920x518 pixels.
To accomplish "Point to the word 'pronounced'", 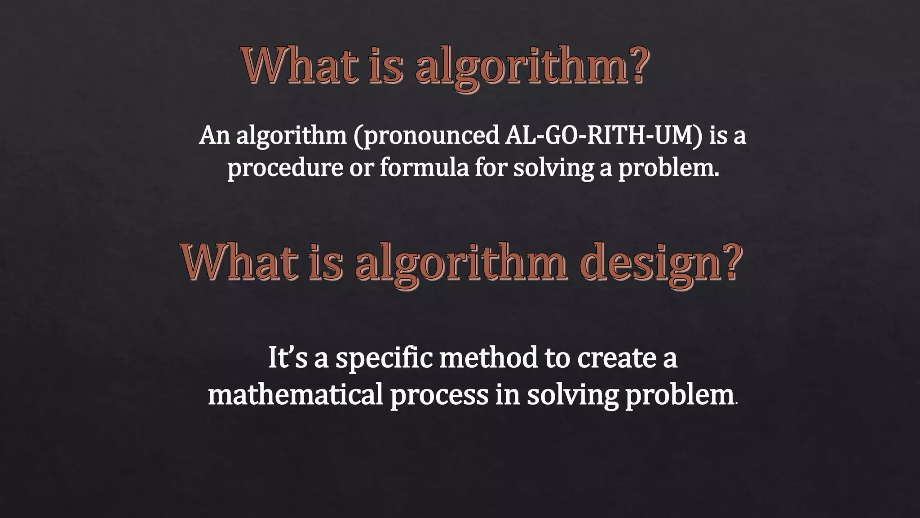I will [x=426, y=136].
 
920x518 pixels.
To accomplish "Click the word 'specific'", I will [x=384, y=359].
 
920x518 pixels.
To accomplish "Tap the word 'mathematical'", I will [x=295, y=394].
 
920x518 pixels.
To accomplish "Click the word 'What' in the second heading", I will [x=239, y=262].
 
